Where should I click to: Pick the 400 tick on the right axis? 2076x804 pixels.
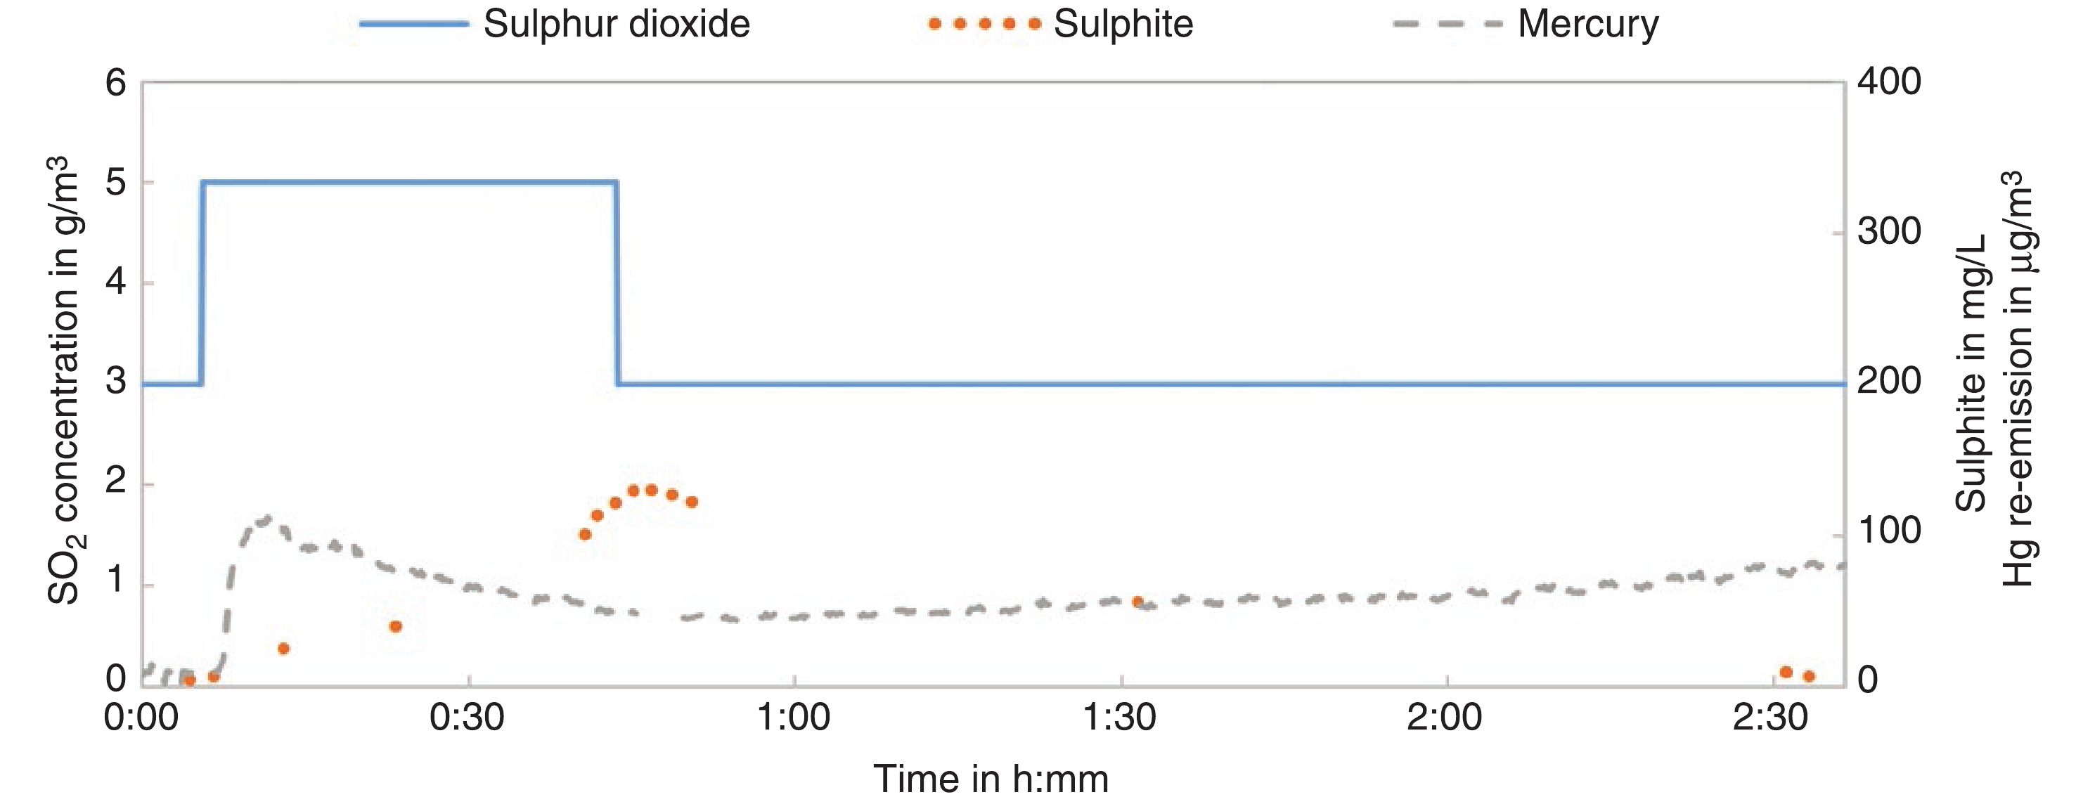1888,83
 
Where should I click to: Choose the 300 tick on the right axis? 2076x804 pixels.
1888,233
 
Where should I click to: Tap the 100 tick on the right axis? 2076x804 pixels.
1888,532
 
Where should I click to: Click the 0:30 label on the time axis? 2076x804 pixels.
468,718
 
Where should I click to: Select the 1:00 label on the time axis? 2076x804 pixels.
794,718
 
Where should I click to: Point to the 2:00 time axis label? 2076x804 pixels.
1445,718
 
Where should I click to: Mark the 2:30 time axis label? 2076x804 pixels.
1771,718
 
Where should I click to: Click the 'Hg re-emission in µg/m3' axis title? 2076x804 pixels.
2020,379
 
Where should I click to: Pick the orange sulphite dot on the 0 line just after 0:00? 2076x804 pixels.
189,681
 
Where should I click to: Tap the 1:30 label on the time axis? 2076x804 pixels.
1119,718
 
